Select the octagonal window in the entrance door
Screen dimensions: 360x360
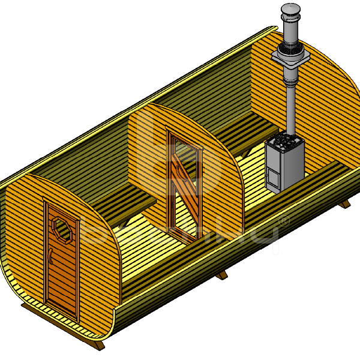[x=62, y=229]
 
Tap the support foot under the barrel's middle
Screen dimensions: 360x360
[x=222, y=275]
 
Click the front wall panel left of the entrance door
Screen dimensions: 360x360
[x=24, y=240]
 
